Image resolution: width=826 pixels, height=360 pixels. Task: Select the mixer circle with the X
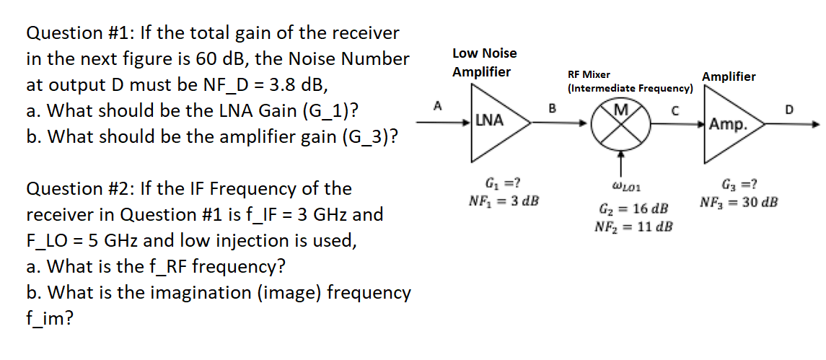click(619, 123)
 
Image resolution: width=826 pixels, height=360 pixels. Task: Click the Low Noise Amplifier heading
click(484, 63)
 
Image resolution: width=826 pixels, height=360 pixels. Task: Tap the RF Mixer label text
click(589, 74)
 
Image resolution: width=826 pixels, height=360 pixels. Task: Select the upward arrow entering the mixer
click(619, 160)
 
